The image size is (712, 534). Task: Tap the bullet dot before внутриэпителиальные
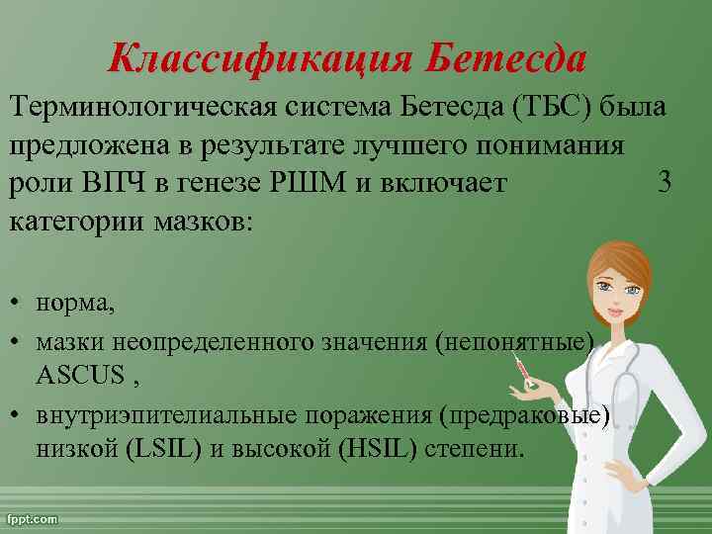click(x=19, y=413)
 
